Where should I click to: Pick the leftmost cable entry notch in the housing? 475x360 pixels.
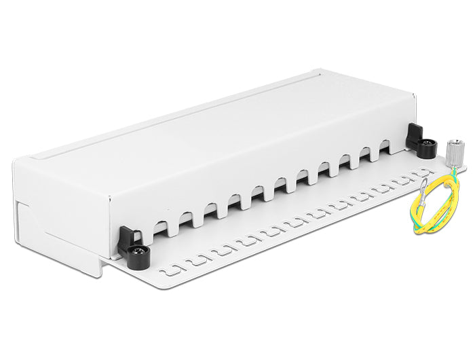[x=159, y=230]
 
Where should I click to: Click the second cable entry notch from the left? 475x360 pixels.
[x=183, y=219]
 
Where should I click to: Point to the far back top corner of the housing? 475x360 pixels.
[x=321, y=69]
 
